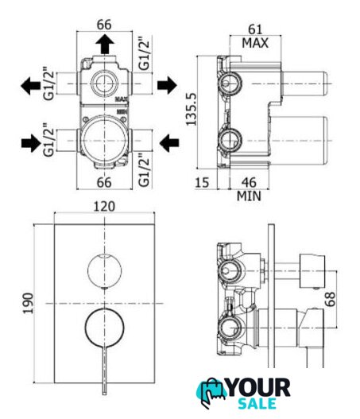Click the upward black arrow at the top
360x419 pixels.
(x=105, y=44)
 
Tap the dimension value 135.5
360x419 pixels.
(x=191, y=109)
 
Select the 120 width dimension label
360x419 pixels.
(x=104, y=207)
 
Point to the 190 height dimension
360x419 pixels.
(x=28, y=303)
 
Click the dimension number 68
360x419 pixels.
(x=330, y=299)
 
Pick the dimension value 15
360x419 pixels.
(x=202, y=183)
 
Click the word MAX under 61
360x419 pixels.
(x=255, y=43)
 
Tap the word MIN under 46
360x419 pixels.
(x=249, y=196)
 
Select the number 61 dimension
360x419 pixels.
(x=255, y=29)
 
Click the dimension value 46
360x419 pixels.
(x=249, y=183)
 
